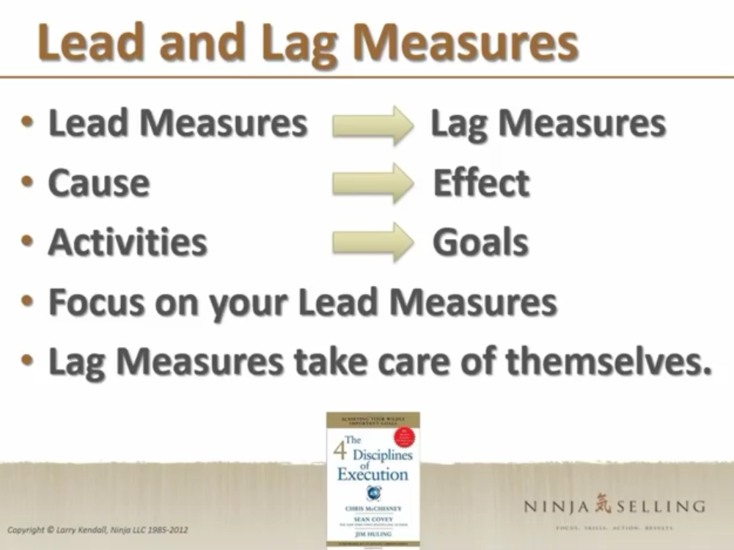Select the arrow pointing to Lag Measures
pos(372,125)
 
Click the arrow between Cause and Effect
pos(372,183)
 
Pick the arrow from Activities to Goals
pos(372,242)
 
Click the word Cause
pos(98,183)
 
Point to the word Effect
pos(480,183)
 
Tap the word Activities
pos(128,242)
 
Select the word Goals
pos(480,242)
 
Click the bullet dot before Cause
pos(27,183)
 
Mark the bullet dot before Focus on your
pos(27,302)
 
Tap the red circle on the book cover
pos(404,438)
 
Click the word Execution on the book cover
pos(372,474)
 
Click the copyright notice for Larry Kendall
pos(98,529)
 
